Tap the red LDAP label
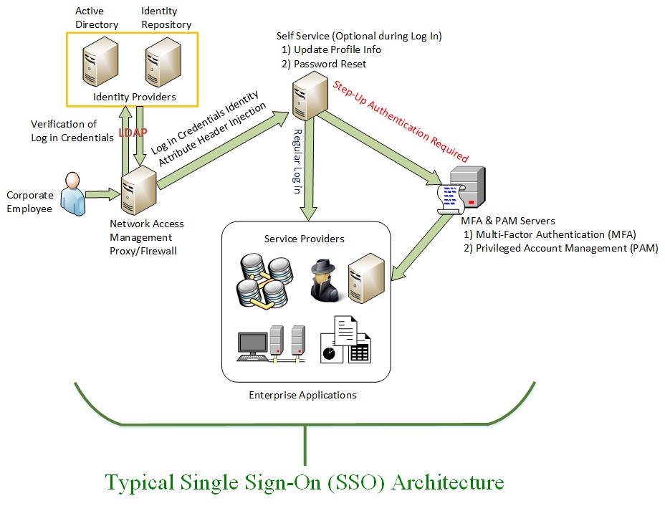pos(133,133)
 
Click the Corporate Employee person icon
pos(72,193)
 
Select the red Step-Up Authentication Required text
pos(401,121)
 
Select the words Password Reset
pos(330,64)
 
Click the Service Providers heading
pos(305,239)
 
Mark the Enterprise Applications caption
pos(302,395)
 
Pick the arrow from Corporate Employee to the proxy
pos(103,193)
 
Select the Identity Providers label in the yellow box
pos(135,97)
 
